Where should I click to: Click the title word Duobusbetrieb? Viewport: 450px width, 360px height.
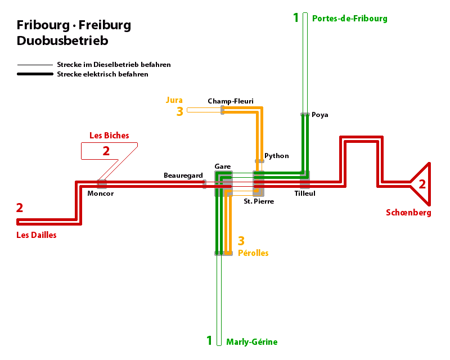tap(62, 40)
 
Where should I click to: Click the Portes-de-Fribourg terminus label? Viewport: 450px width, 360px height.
tap(349, 19)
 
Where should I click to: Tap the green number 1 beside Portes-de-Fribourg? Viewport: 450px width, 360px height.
tap(296, 18)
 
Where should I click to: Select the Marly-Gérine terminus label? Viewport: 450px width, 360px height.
tap(251, 341)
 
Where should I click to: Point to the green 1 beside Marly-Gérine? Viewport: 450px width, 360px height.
tap(209, 341)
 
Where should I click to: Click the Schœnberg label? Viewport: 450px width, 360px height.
tap(408, 213)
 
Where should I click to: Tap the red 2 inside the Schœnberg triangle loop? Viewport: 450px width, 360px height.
tap(422, 184)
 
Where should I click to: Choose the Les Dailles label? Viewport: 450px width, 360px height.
tap(37, 235)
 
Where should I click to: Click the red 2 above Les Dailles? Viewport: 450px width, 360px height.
tap(20, 208)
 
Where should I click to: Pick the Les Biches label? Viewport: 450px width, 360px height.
tap(109, 136)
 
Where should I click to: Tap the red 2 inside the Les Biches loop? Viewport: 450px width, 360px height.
tap(106, 151)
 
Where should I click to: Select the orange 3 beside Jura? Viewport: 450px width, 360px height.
tap(179, 111)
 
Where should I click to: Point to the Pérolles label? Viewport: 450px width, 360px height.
tap(253, 253)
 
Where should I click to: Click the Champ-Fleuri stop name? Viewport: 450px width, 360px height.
tap(230, 101)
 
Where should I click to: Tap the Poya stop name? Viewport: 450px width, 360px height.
tap(320, 115)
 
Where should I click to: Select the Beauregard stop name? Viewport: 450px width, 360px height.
tap(183, 176)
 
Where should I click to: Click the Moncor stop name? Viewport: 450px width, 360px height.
tap(101, 193)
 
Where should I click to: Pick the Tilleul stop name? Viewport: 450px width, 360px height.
tap(305, 193)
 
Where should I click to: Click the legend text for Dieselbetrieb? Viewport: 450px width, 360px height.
tap(114, 65)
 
